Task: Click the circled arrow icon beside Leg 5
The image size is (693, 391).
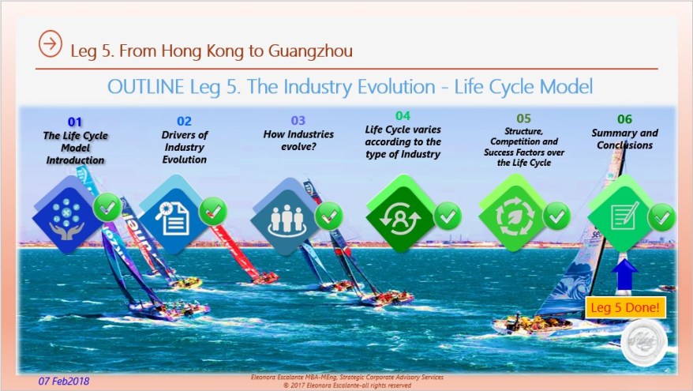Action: click(x=50, y=45)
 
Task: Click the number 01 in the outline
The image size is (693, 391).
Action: click(x=74, y=122)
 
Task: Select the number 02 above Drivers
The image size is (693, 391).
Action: click(x=184, y=122)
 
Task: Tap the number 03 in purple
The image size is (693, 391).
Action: click(x=298, y=121)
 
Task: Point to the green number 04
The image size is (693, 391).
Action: click(x=403, y=116)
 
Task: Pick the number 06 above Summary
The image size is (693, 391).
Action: click(x=624, y=119)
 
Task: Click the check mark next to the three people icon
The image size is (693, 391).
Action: click(x=328, y=215)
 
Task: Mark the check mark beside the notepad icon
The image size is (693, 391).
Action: click(x=661, y=216)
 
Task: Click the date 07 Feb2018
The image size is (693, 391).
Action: click(x=64, y=381)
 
